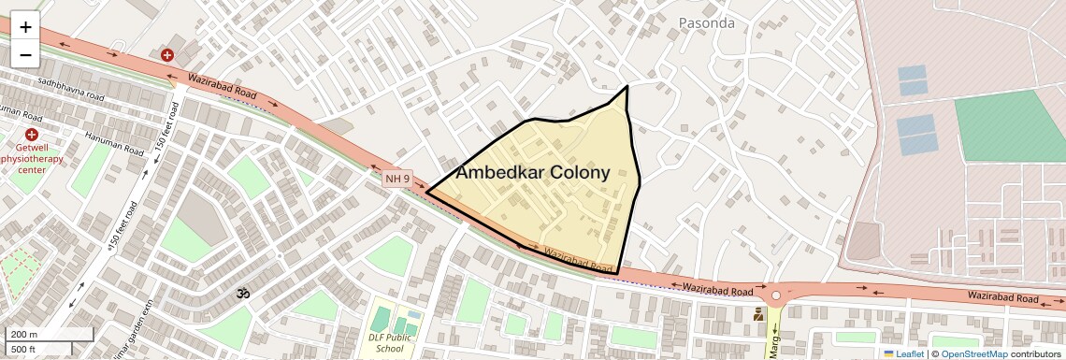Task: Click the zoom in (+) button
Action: (25, 27)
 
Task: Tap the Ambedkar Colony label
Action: (532, 172)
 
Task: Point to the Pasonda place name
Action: (706, 22)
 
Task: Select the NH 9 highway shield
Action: (396, 178)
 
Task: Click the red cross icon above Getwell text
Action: (32, 135)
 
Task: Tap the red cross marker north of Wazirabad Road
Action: (167, 55)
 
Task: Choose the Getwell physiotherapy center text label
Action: (32, 158)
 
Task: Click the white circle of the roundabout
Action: (775, 296)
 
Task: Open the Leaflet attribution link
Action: (903, 353)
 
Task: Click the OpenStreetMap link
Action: (973, 353)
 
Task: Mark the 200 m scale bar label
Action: (23, 335)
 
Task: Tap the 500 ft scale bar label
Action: (23, 349)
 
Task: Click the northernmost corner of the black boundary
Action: (627, 86)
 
